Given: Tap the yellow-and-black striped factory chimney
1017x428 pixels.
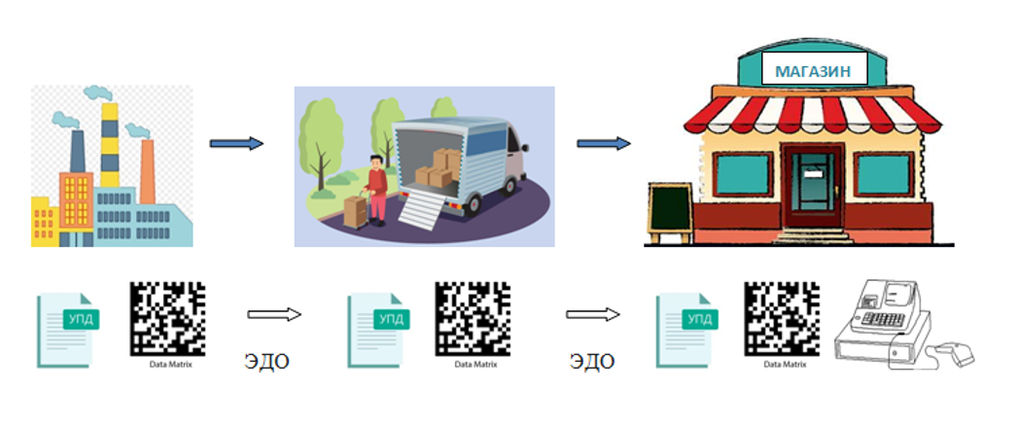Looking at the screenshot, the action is tap(110, 145).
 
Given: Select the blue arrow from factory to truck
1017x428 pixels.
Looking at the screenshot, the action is tap(236, 143).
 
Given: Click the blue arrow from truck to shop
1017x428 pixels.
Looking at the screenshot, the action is tap(604, 143).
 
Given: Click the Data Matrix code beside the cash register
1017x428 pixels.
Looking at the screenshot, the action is tap(782, 319).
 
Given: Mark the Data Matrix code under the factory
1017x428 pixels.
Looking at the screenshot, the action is tap(167, 319).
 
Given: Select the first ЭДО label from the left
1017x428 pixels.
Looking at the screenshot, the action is tap(266, 361).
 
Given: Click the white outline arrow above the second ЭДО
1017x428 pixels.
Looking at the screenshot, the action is tap(593, 314).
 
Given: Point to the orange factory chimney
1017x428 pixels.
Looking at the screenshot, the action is tap(148, 171).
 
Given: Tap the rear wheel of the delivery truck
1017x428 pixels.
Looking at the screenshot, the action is tap(473, 205).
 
